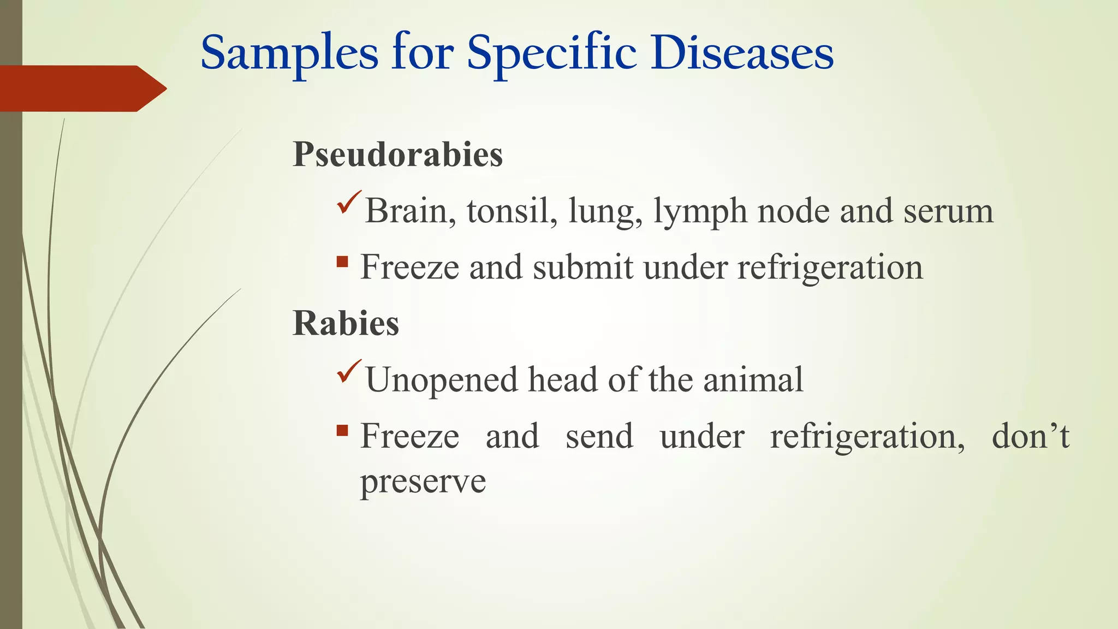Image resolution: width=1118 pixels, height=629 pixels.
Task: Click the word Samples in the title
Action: [289, 54]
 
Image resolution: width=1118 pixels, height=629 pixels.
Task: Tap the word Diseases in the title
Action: [742, 54]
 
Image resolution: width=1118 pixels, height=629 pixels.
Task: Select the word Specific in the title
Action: [551, 54]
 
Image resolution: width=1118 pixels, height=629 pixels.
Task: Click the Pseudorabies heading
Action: [397, 155]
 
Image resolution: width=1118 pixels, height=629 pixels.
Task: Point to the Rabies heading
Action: [346, 323]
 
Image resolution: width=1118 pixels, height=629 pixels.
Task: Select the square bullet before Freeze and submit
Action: [343, 262]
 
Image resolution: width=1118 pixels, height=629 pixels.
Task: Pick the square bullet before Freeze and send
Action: [343, 431]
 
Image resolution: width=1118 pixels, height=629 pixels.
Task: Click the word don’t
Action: [1030, 436]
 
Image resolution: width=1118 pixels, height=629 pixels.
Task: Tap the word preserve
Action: [423, 482]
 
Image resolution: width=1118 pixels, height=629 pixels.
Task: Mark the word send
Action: [599, 436]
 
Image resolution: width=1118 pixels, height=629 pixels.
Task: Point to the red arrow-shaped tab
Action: [82, 88]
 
